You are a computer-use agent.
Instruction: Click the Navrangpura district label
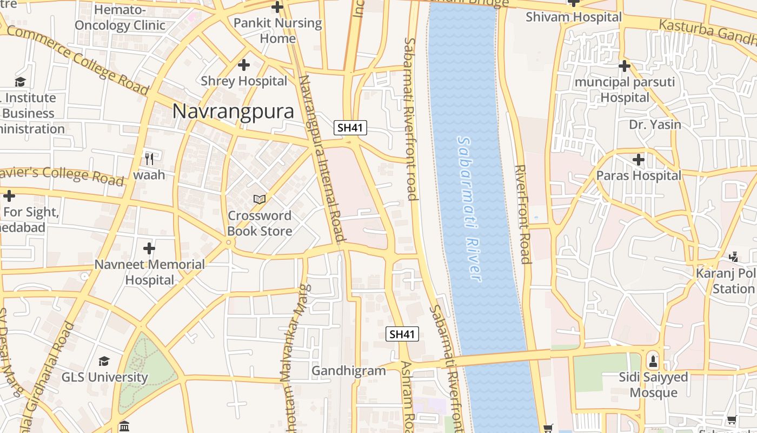click(x=233, y=111)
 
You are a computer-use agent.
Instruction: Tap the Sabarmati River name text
click(x=468, y=208)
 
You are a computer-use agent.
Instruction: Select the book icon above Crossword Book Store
click(x=260, y=199)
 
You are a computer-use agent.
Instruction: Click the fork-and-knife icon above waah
click(x=149, y=159)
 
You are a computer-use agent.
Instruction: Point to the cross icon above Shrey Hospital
click(x=244, y=65)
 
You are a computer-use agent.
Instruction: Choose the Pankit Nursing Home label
click(x=277, y=31)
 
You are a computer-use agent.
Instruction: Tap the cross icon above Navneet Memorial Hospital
click(x=149, y=248)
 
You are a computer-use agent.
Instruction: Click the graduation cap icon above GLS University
click(x=104, y=361)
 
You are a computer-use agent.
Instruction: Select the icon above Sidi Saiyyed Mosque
click(x=653, y=360)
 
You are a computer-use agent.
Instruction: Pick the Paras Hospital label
click(x=639, y=176)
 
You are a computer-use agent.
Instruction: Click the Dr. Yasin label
click(x=655, y=124)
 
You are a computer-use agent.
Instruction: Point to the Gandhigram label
click(x=349, y=371)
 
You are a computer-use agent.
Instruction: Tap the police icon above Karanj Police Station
click(x=733, y=257)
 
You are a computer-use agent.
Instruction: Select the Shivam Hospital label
click(x=574, y=17)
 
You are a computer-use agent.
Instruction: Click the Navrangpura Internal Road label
click(x=322, y=158)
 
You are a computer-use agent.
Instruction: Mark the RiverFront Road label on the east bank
click(x=522, y=214)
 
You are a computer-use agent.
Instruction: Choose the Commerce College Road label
click(x=77, y=60)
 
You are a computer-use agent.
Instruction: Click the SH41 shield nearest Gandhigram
click(x=403, y=334)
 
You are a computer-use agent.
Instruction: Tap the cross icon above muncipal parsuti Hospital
click(x=625, y=66)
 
